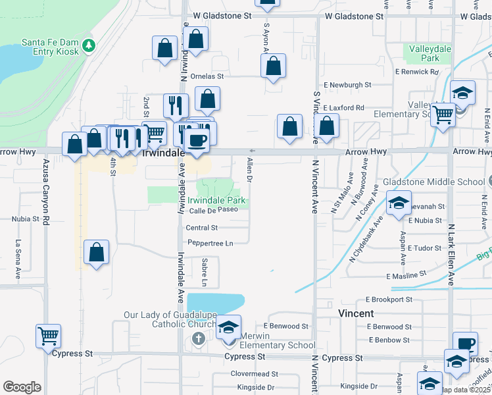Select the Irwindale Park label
(216, 200)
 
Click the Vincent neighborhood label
(356, 313)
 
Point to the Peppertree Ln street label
(210, 243)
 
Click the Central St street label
(201, 228)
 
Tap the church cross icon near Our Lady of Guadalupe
(198, 338)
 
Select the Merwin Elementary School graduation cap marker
(228, 328)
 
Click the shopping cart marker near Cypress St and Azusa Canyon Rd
(49, 336)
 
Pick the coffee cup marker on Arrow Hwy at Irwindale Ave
(196, 140)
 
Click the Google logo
(22, 387)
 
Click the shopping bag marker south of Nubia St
(97, 252)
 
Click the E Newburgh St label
(348, 85)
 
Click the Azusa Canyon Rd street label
(46, 192)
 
